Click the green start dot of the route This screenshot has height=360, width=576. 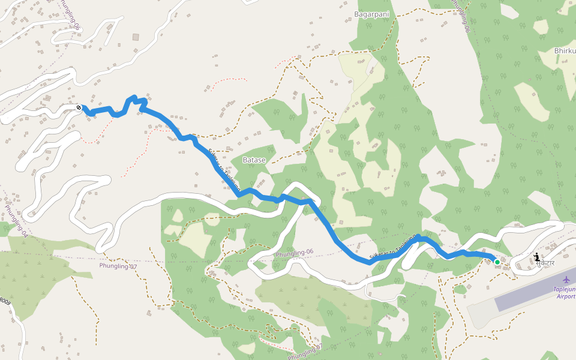pos(497,262)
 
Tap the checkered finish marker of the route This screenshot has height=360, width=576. pos(79,107)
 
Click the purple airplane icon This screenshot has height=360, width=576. pos(566,279)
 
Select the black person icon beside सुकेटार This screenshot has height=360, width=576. pos(536,257)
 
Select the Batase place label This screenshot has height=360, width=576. pos(254,160)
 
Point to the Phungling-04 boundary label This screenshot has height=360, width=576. pos(16,221)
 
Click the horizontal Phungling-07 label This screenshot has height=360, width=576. pos(118,266)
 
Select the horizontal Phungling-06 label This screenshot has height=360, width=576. pos(295,254)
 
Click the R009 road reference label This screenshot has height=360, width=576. pos(5,303)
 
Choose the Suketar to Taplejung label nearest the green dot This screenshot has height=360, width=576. pos(393,247)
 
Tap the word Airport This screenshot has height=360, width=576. pos(566,296)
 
